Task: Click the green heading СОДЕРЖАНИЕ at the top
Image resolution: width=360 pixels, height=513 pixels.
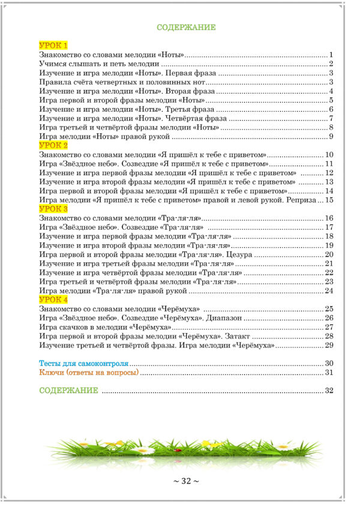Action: pyautogui.click(x=186, y=28)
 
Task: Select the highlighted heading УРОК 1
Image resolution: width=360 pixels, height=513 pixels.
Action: pyautogui.click(x=53, y=46)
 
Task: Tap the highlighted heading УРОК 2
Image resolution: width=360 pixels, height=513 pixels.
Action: pyautogui.click(x=53, y=146)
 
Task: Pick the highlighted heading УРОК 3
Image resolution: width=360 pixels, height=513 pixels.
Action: pyautogui.click(x=53, y=209)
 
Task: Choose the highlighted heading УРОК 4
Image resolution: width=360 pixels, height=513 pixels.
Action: pyautogui.click(x=53, y=299)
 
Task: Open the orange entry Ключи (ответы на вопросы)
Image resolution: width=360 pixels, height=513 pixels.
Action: pyautogui.click(x=88, y=373)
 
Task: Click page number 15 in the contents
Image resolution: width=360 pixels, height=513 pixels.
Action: pyautogui.click(x=329, y=200)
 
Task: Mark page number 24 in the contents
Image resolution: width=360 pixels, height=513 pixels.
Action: pyautogui.click(x=329, y=290)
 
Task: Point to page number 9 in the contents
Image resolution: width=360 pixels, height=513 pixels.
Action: pyautogui.click(x=331, y=137)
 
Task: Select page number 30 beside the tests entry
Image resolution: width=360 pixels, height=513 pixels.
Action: pyautogui.click(x=329, y=364)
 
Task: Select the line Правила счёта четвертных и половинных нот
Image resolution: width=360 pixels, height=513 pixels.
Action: pyautogui.click(x=122, y=82)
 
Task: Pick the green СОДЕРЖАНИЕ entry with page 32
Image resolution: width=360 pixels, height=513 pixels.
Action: pyautogui.click(x=68, y=391)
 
